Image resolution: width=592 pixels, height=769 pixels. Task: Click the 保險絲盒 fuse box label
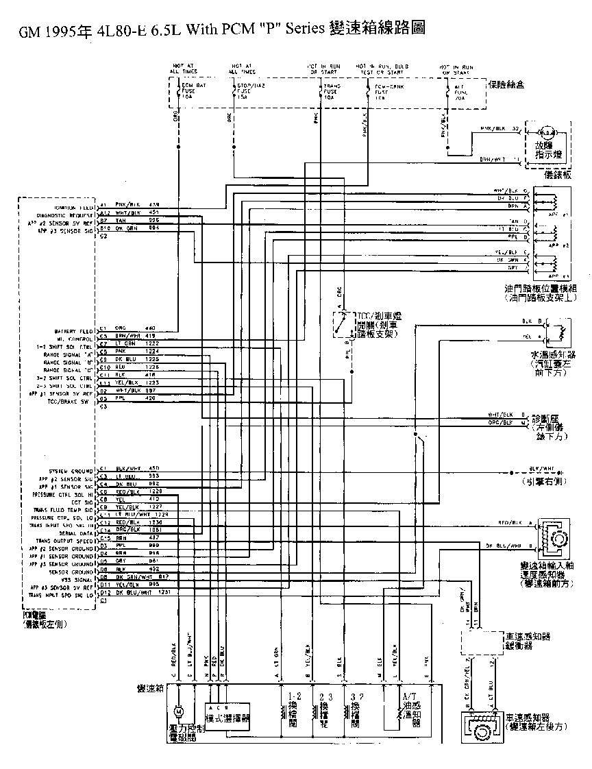pos(506,84)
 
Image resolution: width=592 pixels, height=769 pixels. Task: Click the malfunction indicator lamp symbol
pos(547,132)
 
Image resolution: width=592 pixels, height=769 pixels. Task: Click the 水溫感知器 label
pos(553,355)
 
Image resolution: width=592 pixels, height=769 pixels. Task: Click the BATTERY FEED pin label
pos(77,330)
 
